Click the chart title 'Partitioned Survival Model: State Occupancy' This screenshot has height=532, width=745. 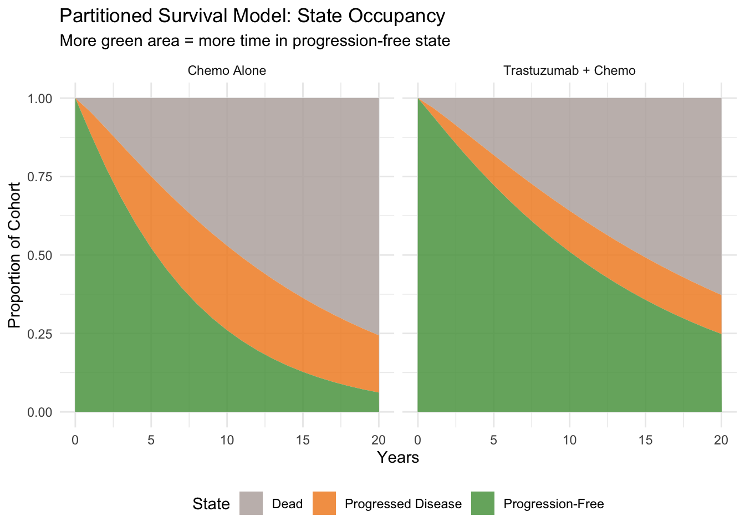coord(252,16)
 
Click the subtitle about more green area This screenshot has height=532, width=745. coord(254,41)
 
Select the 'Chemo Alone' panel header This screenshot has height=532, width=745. coord(227,70)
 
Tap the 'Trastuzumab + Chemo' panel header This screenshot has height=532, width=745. coord(569,70)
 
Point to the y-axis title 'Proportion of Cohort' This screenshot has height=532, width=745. coord(14,255)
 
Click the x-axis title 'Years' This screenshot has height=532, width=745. coord(398,458)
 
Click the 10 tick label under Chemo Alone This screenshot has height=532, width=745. coord(227,441)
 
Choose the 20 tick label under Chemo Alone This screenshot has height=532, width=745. coord(379,441)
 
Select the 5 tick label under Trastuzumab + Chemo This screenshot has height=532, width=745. coord(493,441)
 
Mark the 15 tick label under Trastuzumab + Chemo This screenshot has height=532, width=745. coord(645,441)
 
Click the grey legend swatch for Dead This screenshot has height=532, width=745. coord(251,503)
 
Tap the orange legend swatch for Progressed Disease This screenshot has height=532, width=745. coord(324,503)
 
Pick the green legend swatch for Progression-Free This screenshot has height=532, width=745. coord(483,503)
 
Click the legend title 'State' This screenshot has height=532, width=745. coord(211,504)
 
